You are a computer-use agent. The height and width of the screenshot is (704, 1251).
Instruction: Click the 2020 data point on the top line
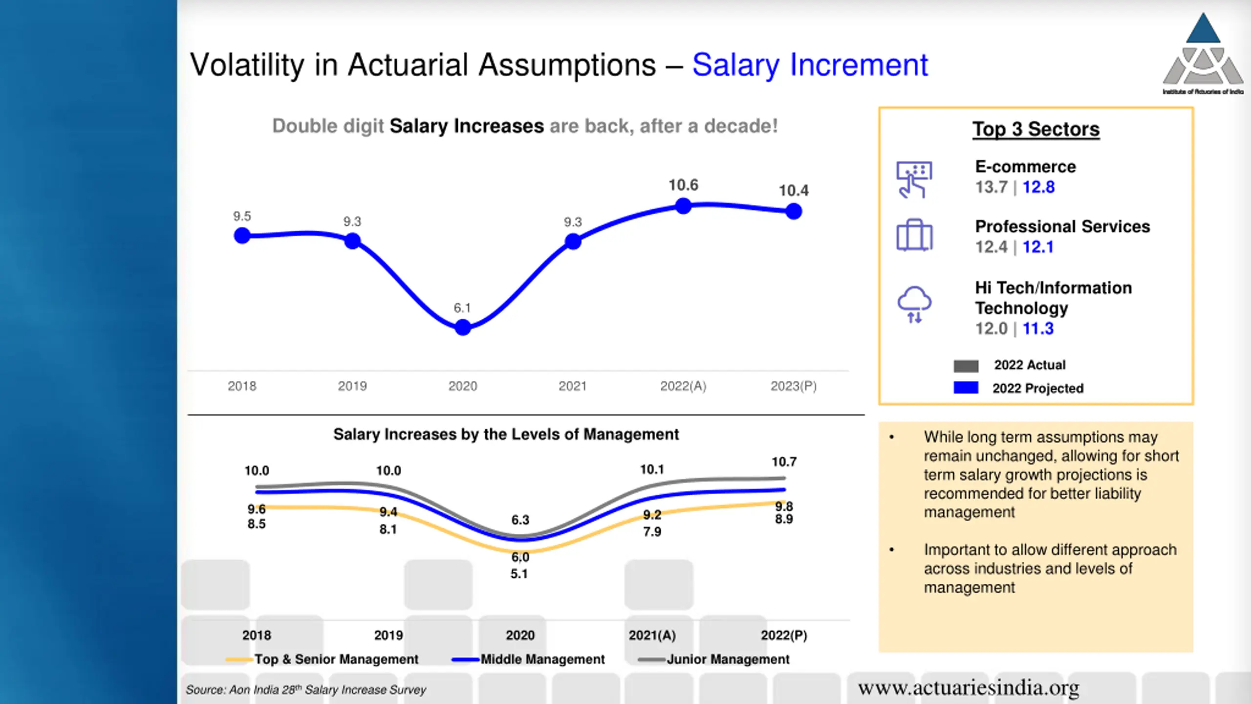point(463,327)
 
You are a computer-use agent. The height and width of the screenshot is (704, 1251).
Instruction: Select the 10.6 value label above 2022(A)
point(683,185)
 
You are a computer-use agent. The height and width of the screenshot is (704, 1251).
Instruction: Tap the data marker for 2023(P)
point(794,211)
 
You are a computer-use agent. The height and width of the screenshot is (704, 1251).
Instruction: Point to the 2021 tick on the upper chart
point(572,386)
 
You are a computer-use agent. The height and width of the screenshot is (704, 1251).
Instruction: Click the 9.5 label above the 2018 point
point(242,216)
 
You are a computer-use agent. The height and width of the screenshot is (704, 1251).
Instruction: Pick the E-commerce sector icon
point(914,179)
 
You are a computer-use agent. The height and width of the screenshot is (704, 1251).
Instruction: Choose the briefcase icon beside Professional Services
point(914,236)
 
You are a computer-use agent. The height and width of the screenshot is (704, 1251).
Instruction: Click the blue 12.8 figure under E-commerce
point(1038,187)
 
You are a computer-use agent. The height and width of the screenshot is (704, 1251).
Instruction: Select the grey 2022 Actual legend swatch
point(966,366)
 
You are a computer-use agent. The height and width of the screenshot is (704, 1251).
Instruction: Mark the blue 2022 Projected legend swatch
point(966,388)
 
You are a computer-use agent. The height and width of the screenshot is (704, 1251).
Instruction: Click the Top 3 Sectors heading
point(1035,129)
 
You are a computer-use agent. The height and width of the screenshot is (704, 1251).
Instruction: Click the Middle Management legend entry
point(529,660)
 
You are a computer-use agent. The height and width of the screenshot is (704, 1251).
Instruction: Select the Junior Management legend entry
point(714,660)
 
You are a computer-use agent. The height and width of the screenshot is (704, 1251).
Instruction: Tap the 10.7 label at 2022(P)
point(784,462)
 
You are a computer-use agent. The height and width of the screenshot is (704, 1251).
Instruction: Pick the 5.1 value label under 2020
point(519,574)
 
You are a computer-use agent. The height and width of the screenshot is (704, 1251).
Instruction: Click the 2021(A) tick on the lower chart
point(652,636)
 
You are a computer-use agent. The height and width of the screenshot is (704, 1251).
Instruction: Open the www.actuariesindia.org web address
point(969,688)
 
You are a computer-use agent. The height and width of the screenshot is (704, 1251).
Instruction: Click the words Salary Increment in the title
point(810,65)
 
